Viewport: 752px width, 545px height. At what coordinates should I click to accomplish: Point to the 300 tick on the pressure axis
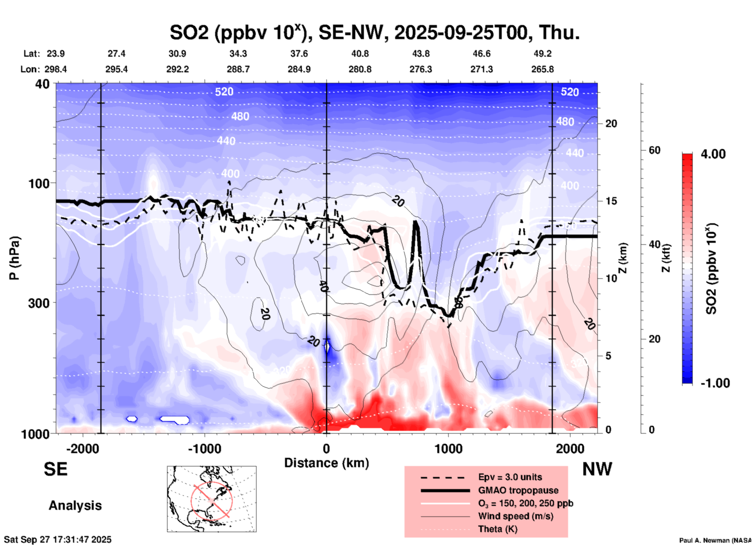[x=39, y=303]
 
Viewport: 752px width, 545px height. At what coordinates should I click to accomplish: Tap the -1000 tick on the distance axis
[x=204, y=449]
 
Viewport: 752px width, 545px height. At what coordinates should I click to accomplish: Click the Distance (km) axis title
[x=326, y=463]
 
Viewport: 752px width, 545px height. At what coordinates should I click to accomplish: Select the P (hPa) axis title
[x=14, y=258]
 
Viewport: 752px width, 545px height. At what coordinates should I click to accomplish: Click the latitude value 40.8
[x=360, y=54]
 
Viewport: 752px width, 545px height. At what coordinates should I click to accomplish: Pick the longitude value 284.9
[x=299, y=69]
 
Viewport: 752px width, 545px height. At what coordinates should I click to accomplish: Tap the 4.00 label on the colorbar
[x=713, y=154]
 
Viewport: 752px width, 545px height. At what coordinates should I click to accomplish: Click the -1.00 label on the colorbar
[x=715, y=383]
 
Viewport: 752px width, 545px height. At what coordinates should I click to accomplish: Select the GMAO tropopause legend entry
[x=518, y=490]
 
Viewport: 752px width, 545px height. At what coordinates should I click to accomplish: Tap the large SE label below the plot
[x=55, y=469]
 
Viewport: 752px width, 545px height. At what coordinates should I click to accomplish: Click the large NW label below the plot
[x=597, y=469]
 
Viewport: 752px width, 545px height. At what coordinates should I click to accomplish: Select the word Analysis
[x=75, y=506]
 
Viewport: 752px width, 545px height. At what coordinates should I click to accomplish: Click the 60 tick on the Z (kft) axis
[x=654, y=150]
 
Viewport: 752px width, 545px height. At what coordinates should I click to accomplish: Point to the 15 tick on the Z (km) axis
[x=611, y=201]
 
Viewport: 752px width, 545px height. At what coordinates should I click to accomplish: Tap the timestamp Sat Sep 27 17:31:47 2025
[x=57, y=540]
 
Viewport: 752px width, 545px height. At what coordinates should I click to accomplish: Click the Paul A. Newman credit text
[x=715, y=540]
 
